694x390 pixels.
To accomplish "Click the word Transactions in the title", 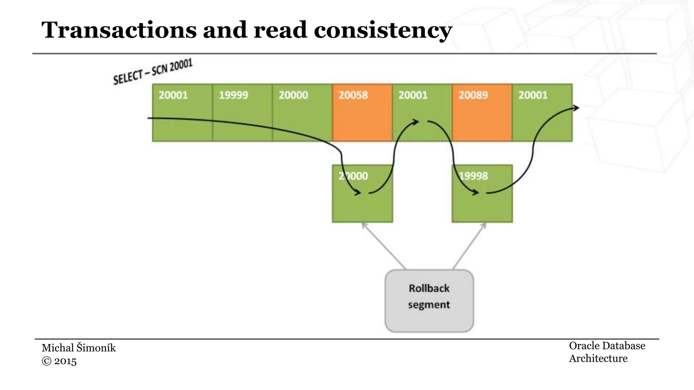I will coord(119,30).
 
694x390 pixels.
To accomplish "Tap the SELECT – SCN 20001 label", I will coord(152,72).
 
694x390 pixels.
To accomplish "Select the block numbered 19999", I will coord(242,112).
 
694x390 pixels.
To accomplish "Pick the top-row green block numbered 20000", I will coord(302,112).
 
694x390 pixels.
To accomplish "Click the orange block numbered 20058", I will coord(362,112).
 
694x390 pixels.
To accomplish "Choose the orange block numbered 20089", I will coord(482,112).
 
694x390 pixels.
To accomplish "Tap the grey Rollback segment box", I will coord(429,301).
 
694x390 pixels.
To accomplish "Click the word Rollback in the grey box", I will coord(429,288).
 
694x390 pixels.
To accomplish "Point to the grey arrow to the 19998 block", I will coord(469,246).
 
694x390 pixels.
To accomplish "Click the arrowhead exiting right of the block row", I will coord(576,108).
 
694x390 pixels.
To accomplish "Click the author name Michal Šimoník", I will coord(79,348).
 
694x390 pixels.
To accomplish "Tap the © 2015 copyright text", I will coord(59,361).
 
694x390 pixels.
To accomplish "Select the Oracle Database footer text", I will coord(607,346).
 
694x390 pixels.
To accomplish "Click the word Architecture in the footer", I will coord(598,359).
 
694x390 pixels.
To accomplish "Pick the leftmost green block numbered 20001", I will coord(182,112).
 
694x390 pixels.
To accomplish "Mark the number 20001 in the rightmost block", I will coord(533,95).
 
